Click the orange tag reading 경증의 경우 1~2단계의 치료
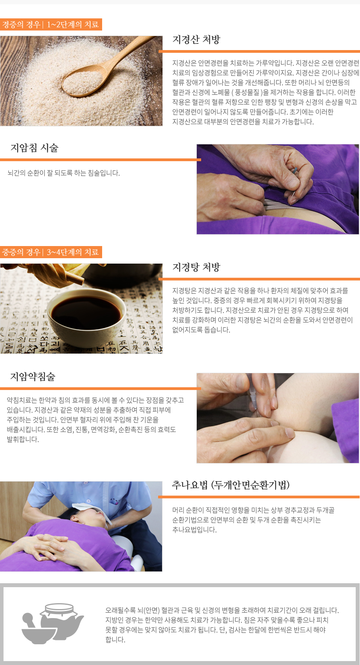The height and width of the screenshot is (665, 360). click(51, 25)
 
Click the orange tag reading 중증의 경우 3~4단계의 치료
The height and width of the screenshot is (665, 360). click(51, 252)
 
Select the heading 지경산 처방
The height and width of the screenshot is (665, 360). click(196, 40)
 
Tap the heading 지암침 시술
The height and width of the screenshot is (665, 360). click(34, 148)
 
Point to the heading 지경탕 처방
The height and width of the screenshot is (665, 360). click(196, 267)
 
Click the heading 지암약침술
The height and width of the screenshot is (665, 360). click(33, 377)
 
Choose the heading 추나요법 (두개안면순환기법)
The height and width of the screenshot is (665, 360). click(231, 485)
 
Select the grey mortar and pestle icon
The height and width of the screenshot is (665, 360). click(35, 630)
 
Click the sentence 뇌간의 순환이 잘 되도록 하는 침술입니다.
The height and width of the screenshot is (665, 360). click(64, 173)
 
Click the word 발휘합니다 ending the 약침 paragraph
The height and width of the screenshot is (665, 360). click(23, 439)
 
